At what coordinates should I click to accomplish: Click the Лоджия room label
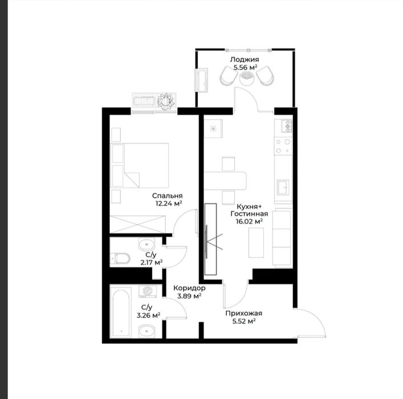click(x=245, y=60)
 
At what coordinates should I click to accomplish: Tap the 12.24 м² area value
click(x=169, y=204)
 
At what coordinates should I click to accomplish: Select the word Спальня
click(x=168, y=196)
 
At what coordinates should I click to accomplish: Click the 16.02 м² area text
click(x=249, y=221)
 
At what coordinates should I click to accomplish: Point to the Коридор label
click(x=189, y=288)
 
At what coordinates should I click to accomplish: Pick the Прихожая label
click(x=243, y=313)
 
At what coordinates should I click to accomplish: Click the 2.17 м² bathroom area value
click(x=151, y=263)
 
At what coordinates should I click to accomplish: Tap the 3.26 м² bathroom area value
click(x=149, y=315)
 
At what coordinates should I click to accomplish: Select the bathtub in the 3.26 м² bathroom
click(x=120, y=313)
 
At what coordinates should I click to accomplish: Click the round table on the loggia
click(x=247, y=78)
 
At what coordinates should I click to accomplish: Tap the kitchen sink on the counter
click(x=283, y=187)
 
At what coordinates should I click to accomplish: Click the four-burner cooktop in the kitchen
click(x=283, y=146)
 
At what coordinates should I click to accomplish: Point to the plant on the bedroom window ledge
click(x=166, y=101)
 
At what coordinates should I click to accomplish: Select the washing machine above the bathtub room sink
click(x=148, y=291)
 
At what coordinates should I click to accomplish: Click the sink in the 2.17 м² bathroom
click(x=146, y=244)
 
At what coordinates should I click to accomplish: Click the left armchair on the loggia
click(x=229, y=76)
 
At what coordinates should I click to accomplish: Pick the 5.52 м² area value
click(x=243, y=321)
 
